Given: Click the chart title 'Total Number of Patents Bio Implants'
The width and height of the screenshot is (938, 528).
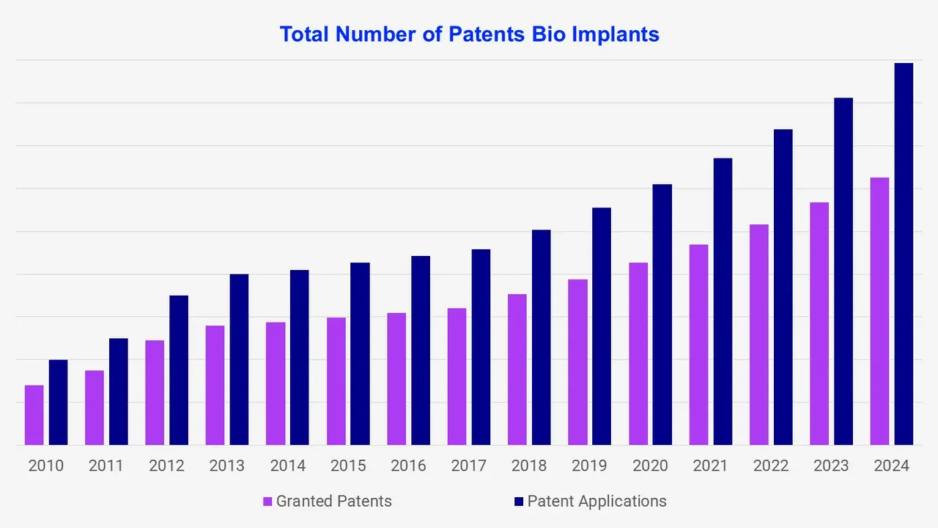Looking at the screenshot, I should click(x=469, y=34).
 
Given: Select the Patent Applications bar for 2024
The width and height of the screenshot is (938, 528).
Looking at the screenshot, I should click(x=904, y=254).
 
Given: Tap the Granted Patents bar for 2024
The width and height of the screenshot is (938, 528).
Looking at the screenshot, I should click(x=879, y=311).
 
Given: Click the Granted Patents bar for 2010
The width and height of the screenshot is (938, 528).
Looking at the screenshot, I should click(x=34, y=415).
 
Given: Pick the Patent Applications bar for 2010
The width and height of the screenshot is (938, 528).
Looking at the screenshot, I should click(x=59, y=402).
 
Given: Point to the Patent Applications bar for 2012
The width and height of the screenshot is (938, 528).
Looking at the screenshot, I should click(x=179, y=370).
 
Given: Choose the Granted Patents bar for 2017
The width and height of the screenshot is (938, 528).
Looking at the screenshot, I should click(x=457, y=376).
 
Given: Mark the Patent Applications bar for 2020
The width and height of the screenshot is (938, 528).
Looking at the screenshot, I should click(x=662, y=315).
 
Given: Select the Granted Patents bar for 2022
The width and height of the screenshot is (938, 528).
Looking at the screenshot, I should click(x=758, y=334).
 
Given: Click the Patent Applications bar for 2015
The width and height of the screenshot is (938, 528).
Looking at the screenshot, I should click(x=360, y=353).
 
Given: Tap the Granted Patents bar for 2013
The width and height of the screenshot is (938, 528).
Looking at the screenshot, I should click(x=215, y=385).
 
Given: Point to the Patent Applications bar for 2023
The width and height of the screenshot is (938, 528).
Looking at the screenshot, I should click(x=843, y=271).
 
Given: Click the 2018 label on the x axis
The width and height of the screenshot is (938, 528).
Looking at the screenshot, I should click(x=529, y=466).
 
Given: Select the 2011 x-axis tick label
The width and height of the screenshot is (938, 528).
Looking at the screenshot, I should click(x=106, y=466).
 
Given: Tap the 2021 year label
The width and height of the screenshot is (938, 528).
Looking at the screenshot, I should click(x=710, y=466).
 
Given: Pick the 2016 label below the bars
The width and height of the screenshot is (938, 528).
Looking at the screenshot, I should click(x=408, y=466).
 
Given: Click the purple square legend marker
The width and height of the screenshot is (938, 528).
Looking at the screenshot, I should click(x=268, y=502).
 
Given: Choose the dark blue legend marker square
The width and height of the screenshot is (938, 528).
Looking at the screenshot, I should click(x=519, y=502).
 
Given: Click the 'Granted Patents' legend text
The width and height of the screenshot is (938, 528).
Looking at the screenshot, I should click(x=333, y=502).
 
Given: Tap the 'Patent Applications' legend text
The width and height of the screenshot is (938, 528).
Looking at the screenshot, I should click(x=597, y=502).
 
